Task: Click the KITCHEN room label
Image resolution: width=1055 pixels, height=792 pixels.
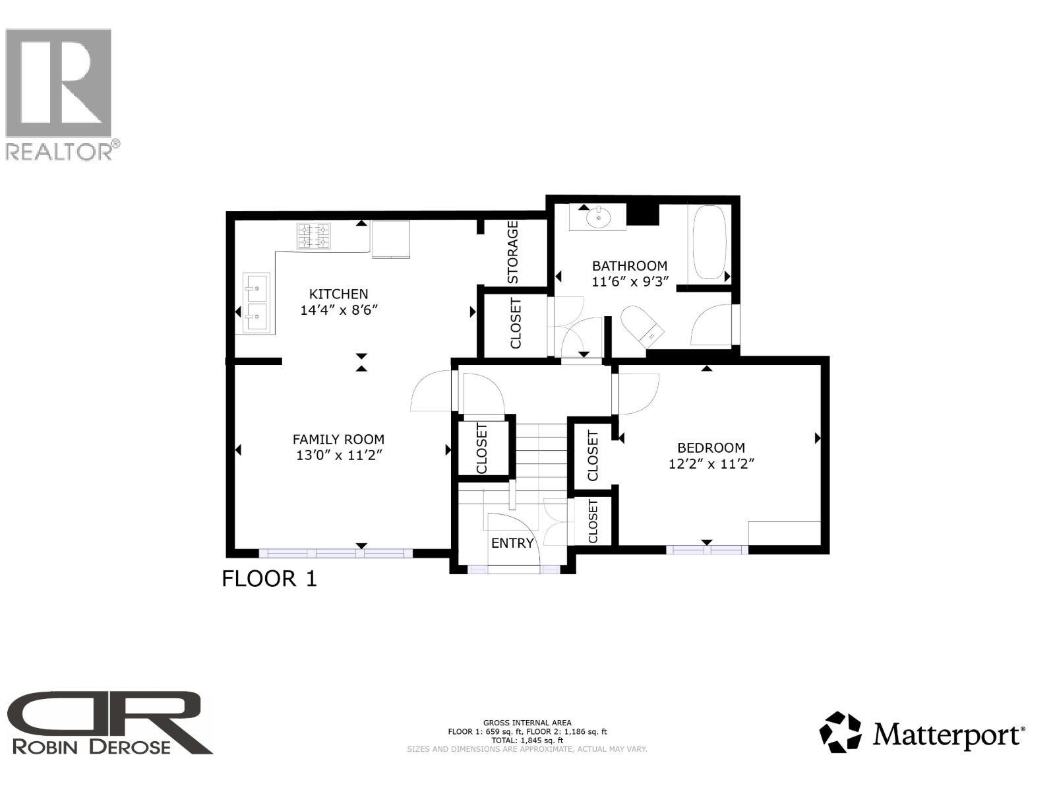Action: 339,294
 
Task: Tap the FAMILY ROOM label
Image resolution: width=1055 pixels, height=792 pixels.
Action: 338,440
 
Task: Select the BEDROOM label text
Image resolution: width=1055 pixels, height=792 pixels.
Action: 711,448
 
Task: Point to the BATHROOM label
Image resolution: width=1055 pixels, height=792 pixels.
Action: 629,266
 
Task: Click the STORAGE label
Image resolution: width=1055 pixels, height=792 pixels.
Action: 514,252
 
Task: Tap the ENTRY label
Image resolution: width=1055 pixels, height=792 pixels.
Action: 512,543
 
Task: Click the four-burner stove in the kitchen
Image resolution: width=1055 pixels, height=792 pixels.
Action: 313,236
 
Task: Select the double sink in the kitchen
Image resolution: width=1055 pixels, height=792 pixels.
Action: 256,303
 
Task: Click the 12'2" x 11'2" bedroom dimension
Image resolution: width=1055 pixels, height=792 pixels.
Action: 711,464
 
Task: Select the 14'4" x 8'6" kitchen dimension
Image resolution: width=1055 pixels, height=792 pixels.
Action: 339,310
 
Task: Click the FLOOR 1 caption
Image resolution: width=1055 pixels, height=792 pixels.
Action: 269,579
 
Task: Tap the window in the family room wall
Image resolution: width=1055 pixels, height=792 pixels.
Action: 336,553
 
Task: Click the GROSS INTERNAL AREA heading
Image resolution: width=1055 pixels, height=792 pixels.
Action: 527,723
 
